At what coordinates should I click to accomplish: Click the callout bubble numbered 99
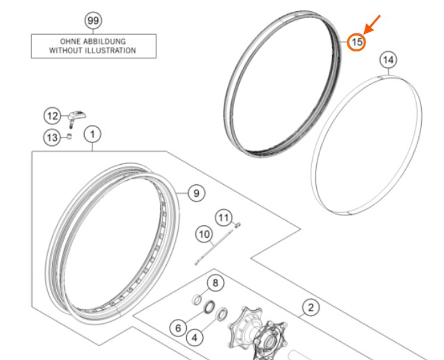(x=93, y=21)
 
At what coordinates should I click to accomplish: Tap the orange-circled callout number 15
(x=356, y=42)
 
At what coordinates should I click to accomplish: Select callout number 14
(x=388, y=60)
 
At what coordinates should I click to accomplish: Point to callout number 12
(x=52, y=116)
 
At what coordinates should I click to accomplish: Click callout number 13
(x=52, y=138)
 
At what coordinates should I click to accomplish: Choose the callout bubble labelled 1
(x=92, y=134)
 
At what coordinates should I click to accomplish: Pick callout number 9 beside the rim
(x=196, y=193)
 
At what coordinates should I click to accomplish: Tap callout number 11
(x=224, y=218)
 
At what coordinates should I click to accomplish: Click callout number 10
(x=204, y=234)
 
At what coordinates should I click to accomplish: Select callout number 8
(x=215, y=283)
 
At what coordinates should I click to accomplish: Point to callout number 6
(x=178, y=328)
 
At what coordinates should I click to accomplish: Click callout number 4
(x=195, y=338)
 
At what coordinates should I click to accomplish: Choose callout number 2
(x=311, y=308)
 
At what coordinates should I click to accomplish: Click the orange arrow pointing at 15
(x=372, y=24)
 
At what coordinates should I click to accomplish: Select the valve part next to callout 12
(x=76, y=118)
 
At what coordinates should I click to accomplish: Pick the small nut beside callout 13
(x=69, y=136)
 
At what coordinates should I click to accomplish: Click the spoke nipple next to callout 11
(x=238, y=225)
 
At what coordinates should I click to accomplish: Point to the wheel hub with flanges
(x=258, y=333)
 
